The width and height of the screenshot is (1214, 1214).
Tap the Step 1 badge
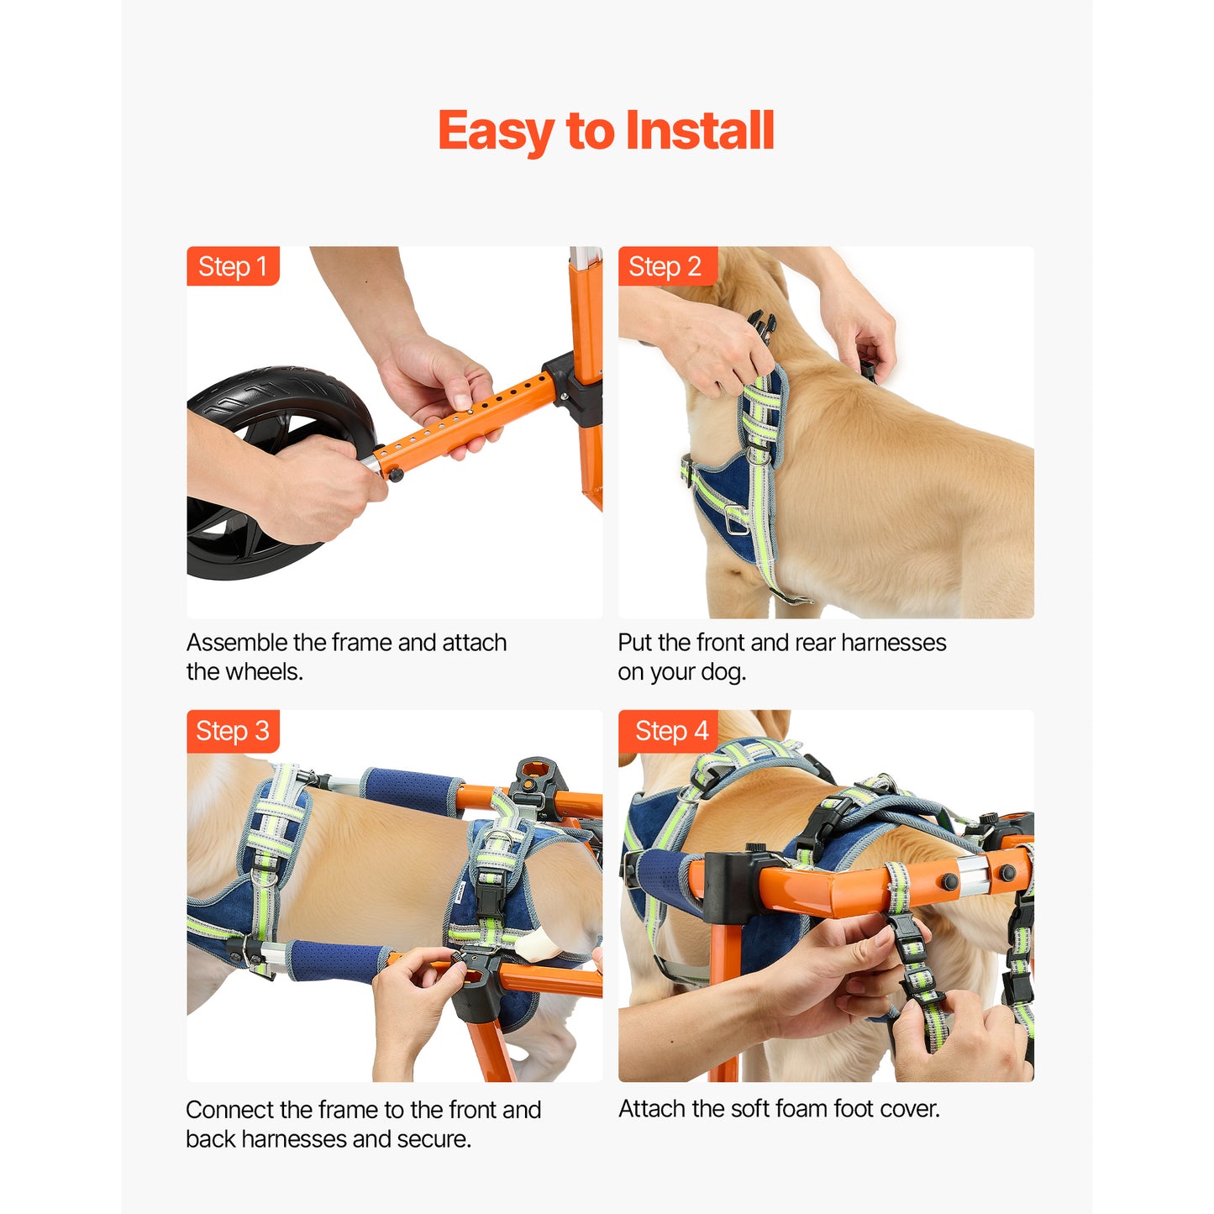coord(233,265)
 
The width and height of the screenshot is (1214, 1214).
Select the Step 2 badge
coord(667,265)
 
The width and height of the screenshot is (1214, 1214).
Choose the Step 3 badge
coord(233,731)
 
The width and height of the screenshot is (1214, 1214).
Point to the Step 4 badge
coord(668,731)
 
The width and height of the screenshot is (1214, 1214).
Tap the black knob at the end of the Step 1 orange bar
coord(396,474)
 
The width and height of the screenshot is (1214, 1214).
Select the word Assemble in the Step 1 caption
coord(237,643)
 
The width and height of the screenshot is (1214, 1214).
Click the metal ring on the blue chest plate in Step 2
coord(735,520)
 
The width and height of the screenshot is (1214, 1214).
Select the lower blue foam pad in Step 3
coord(337,961)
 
